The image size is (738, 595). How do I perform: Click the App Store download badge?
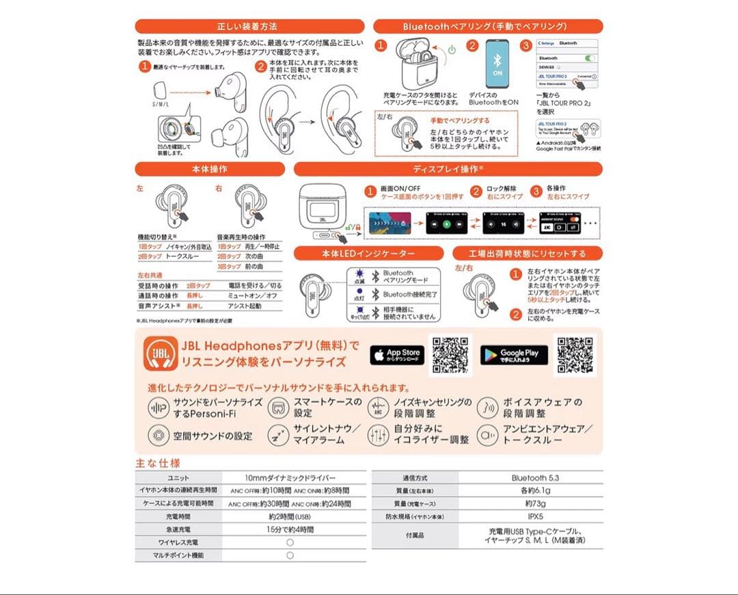coord(397,355)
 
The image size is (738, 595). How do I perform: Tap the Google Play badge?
coord(514,355)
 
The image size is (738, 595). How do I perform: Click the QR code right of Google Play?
coord(573,354)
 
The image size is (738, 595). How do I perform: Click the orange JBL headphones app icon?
coord(159,355)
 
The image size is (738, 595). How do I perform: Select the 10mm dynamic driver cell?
coord(290,478)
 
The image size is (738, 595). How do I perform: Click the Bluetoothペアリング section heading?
coord(488,27)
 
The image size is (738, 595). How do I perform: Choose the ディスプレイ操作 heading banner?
coord(448,169)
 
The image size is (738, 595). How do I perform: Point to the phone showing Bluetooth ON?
coord(497,64)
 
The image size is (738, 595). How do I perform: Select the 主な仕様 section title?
coord(158,463)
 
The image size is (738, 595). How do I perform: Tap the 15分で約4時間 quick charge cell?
coord(290,529)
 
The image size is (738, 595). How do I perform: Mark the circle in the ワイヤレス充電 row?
coord(290,542)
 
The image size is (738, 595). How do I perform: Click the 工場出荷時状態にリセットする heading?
coord(527,253)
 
